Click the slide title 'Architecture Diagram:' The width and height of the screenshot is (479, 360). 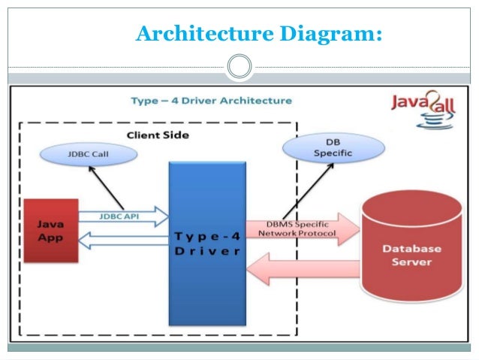pos(259,34)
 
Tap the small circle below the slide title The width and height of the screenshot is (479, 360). pos(239,66)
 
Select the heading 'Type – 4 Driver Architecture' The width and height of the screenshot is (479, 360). pos(211,100)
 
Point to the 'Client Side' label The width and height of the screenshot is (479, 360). pos(158,135)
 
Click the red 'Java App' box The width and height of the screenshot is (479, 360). pos(51,230)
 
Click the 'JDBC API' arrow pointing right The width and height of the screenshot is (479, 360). pos(124,217)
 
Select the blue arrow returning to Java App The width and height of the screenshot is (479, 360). pos(124,241)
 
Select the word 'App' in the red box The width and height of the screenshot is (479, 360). pos(50,237)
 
